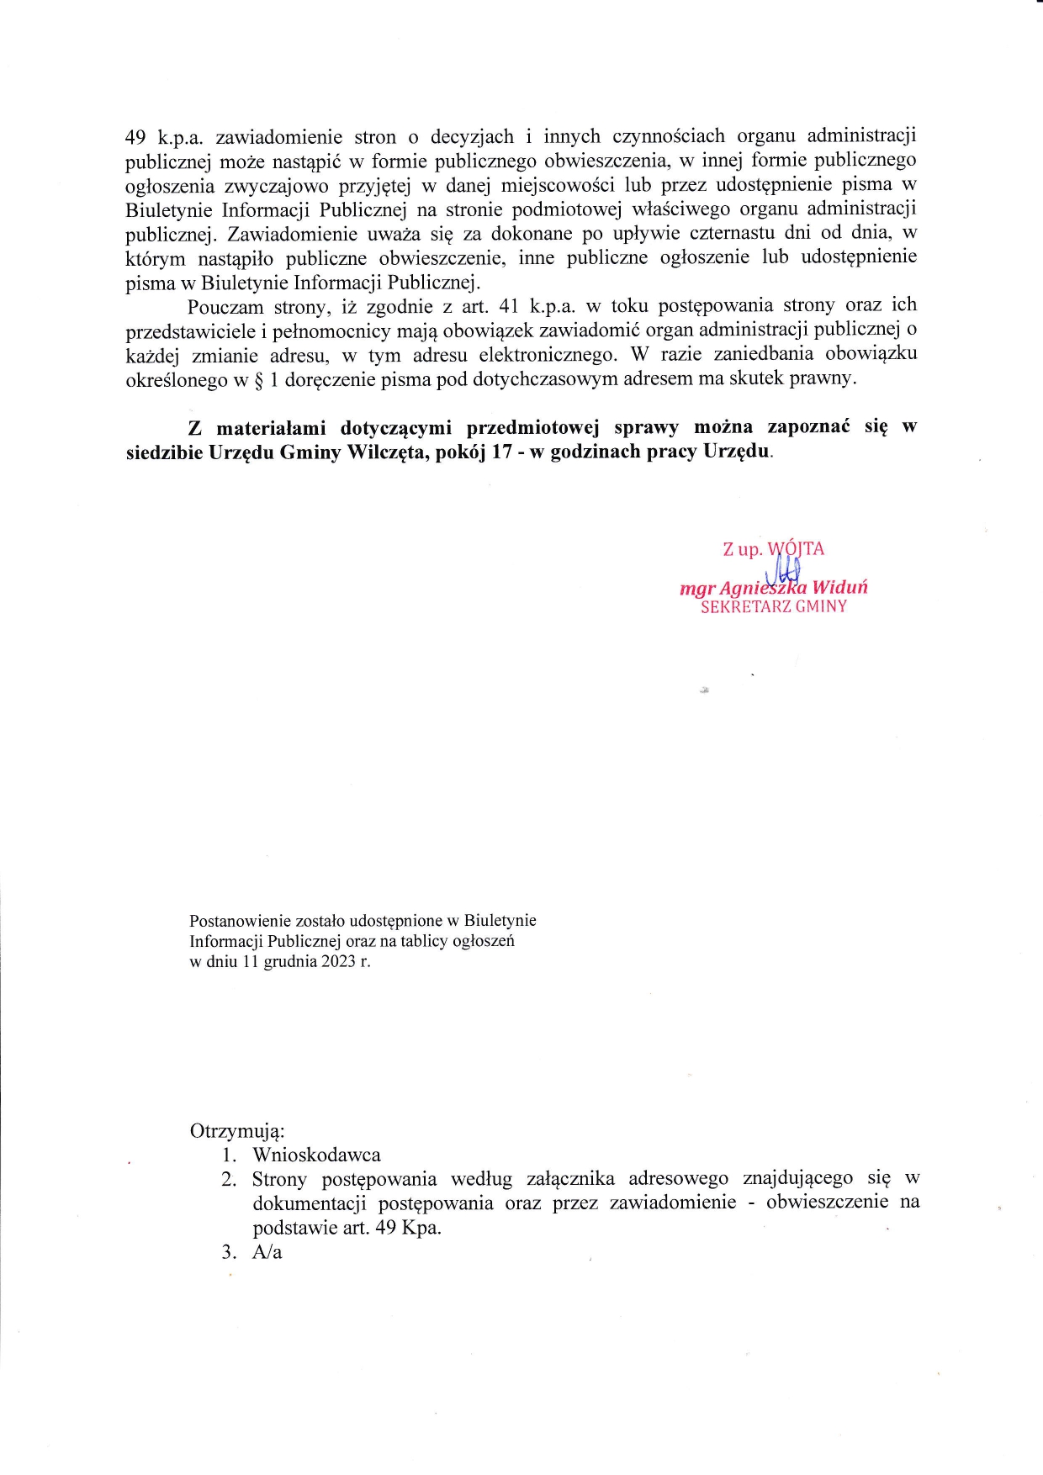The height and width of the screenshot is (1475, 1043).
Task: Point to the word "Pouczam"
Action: [x=225, y=307]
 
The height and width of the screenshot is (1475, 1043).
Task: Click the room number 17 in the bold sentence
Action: [x=503, y=452]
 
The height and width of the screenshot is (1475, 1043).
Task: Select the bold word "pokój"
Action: [x=461, y=452]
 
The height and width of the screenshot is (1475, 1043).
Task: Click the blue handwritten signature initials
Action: [x=782, y=572]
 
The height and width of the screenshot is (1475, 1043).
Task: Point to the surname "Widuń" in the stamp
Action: [x=839, y=588]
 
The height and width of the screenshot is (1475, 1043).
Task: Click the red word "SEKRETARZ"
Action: [x=744, y=606]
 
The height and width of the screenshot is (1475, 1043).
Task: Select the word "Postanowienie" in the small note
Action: [x=239, y=921]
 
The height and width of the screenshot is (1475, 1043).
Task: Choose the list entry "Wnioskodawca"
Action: [x=316, y=1155]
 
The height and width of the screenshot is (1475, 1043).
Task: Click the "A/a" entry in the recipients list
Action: [x=267, y=1252]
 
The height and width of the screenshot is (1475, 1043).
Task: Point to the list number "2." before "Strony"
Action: [x=230, y=1180]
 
